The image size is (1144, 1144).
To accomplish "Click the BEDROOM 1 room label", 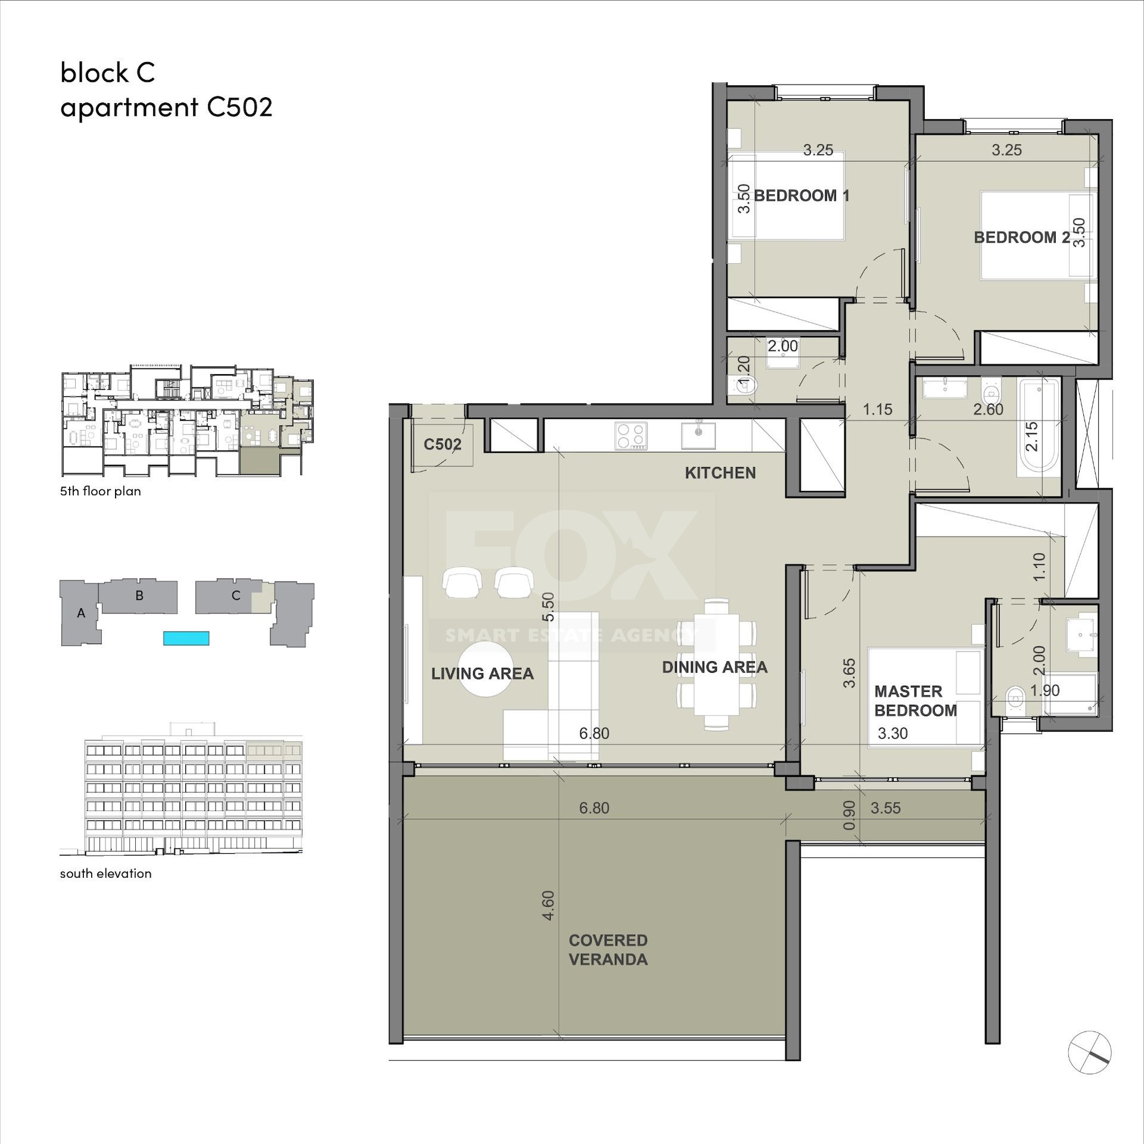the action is click(801, 195).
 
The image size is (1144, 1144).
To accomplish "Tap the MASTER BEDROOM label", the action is click(915, 701).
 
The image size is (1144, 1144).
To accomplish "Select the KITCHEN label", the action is click(720, 472).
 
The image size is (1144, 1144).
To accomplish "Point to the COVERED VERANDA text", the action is click(608, 950).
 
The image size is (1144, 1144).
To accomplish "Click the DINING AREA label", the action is click(714, 667).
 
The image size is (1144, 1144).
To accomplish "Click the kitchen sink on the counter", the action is click(698, 434).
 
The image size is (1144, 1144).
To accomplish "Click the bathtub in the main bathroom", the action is click(1040, 427).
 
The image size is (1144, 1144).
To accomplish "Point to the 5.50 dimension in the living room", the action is click(548, 606).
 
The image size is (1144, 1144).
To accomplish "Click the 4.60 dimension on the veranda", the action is click(548, 904).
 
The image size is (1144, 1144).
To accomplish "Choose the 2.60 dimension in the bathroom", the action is click(988, 409).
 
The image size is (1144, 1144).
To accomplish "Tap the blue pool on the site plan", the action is click(186, 638).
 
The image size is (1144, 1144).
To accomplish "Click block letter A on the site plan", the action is click(81, 613).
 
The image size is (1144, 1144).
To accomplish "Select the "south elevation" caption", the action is click(105, 873).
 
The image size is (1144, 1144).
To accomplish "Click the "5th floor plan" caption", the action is click(100, 491).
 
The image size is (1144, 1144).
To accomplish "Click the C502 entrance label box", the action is click(443, 444).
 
